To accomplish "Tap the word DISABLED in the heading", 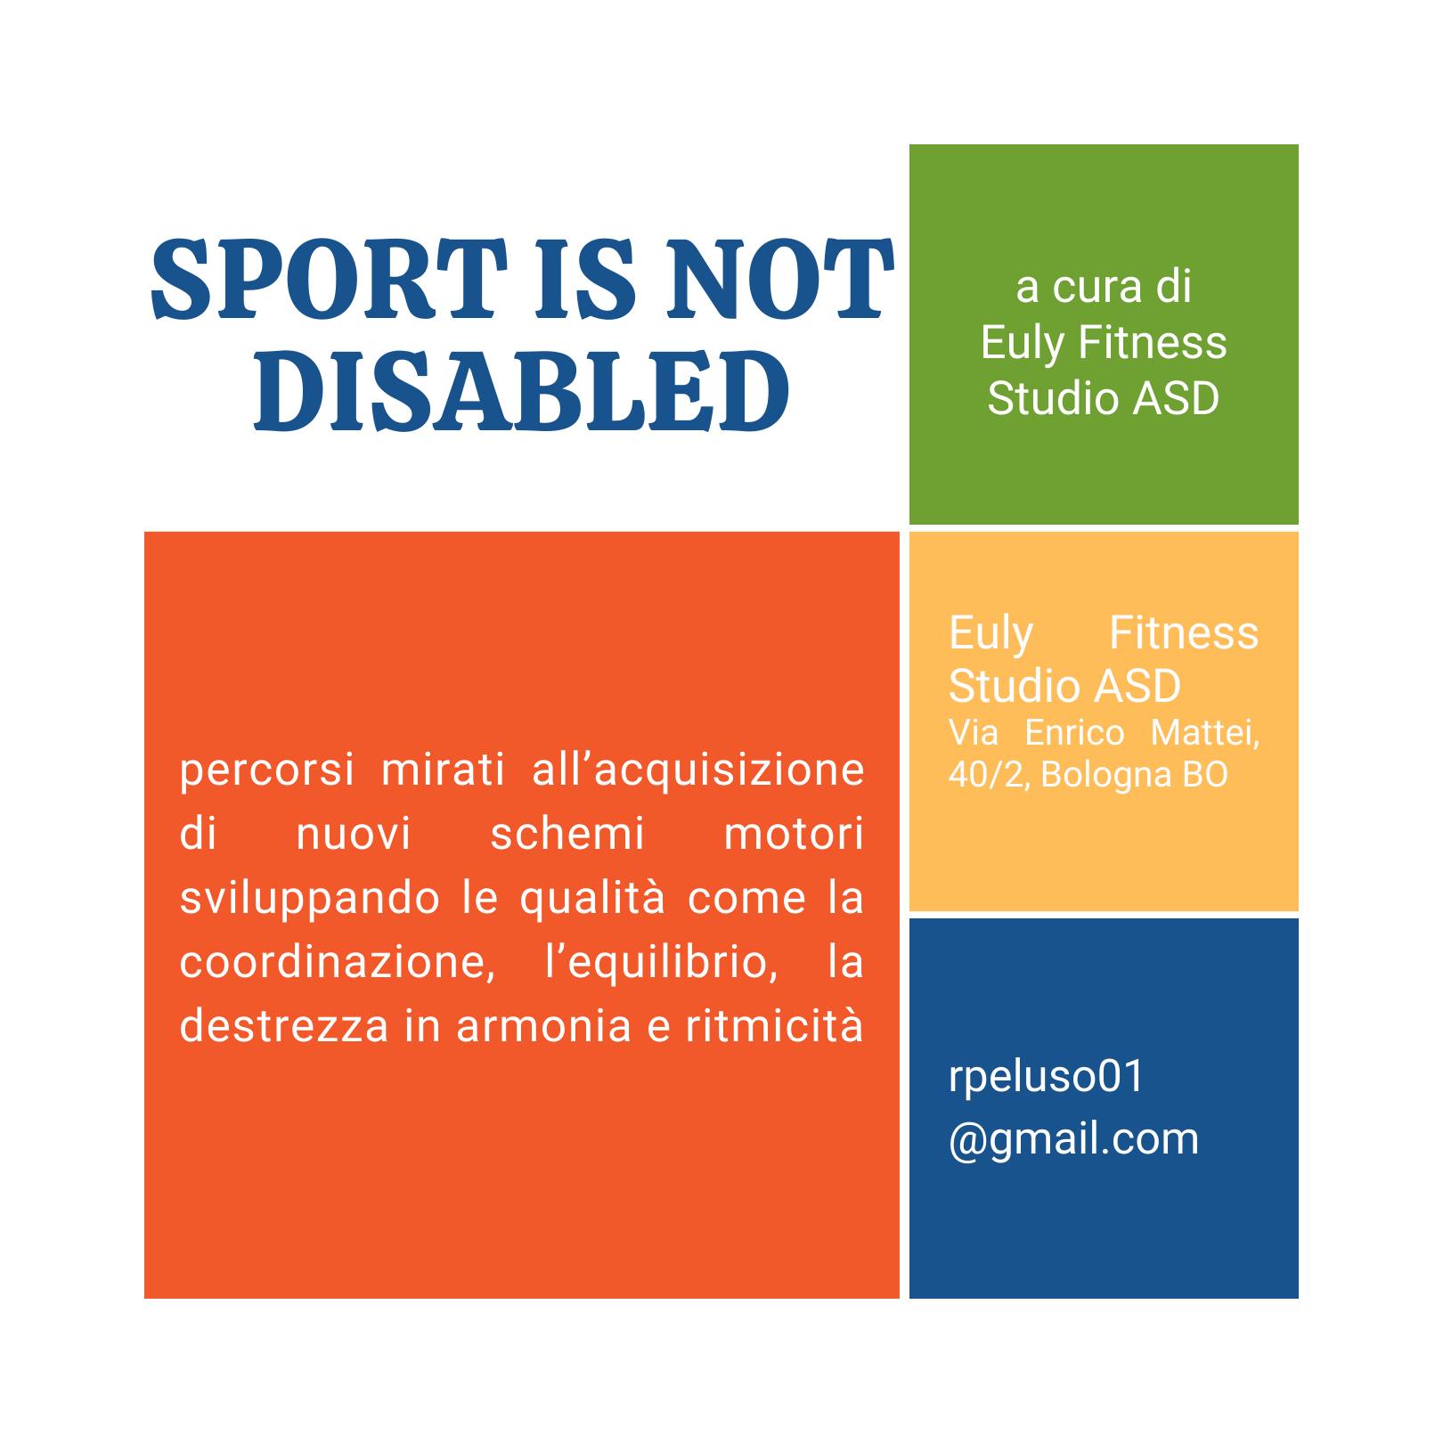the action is click(522, 388).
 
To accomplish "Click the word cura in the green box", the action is click(1097, 287).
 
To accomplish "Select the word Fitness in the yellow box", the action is click(1184, 633).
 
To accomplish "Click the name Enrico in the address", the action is click(1075, 733).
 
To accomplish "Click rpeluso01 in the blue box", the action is click(1046, 1077).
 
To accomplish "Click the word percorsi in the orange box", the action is click(267, 770).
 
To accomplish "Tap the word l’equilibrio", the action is click(660, 962).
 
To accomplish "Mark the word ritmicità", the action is click(774, 1025).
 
